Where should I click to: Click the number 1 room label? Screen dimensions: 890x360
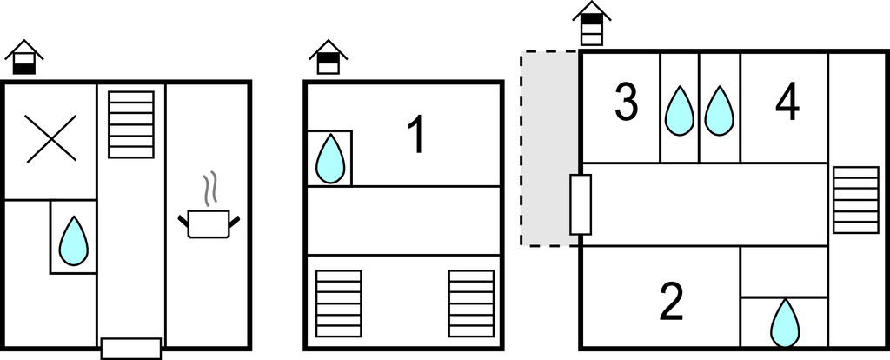(x=416, y=135)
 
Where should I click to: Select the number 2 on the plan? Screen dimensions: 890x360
(x=672, y=302)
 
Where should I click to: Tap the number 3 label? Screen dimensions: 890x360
(x=626, y=103)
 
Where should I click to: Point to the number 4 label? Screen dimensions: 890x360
(x=787, y=103)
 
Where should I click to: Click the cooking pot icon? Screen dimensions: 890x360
(x=209, y=223)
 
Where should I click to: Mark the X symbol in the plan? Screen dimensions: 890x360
(x=50, y=138)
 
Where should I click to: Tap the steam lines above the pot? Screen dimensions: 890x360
(x=209, y=189)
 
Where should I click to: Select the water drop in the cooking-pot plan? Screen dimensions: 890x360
(x=74, y=241)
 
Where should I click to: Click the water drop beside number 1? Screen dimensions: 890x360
(x=330, y=158)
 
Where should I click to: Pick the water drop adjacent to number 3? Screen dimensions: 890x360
(x=680, y=110)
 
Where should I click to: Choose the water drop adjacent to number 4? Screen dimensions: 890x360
(x=719, y=110)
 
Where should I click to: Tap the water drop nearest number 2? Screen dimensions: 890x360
(x=785, y=323)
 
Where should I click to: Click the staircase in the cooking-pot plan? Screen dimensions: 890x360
(x=131, y=124)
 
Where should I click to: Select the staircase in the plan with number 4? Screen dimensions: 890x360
(x=855, y=200)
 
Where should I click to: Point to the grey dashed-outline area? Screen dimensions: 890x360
(x=549, y=149)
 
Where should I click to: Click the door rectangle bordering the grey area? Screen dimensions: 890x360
(x=581, y=204)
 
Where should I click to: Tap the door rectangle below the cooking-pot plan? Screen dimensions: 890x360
(x=131, y=349)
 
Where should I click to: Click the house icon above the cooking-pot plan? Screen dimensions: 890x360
(x=23, y=57)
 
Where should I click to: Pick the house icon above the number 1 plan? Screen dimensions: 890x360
(x=328, y=57)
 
